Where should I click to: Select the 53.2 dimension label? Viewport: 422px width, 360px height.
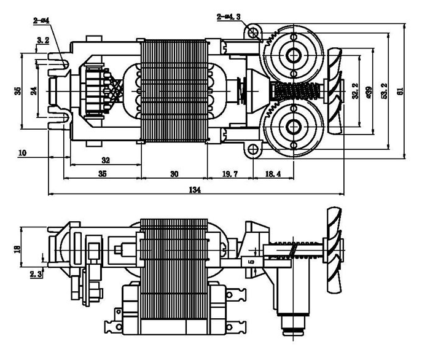click(384, 91)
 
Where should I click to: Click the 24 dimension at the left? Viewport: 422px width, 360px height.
click(34, 90)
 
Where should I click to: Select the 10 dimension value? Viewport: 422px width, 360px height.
click(22, 152)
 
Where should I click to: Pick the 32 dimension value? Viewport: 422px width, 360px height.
click(105, 160)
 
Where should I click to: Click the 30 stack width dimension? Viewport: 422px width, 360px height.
click(174, 174)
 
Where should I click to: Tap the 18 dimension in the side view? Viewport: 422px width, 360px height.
click(17, 248)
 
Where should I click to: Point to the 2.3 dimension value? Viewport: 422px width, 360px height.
click(36, 274)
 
